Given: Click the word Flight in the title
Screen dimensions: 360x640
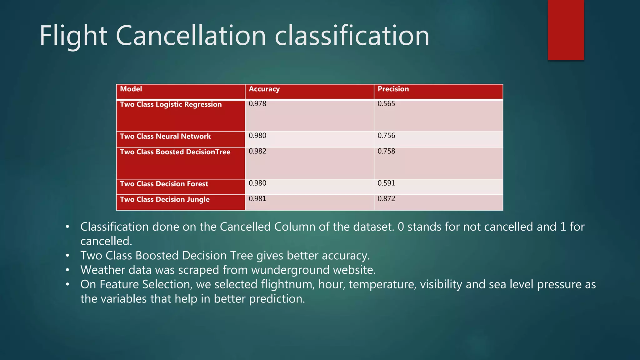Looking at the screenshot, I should click(x=73, y=36).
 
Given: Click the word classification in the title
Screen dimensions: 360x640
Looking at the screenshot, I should click(x=352, y=36).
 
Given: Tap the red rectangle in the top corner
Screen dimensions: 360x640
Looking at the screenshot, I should click(x=566, y=30).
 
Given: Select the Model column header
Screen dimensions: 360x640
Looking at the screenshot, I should click(x=131, y=89).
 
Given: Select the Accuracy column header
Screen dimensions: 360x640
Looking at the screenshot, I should click(x=264, y=89).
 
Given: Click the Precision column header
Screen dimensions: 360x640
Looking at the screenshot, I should click(x=393, y=89).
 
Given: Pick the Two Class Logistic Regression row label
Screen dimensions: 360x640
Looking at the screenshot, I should click(x=171, y=104).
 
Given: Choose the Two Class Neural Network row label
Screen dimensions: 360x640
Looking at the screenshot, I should click(x=165, y=136).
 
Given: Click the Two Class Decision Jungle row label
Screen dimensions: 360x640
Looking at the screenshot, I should click(x=165, y=199).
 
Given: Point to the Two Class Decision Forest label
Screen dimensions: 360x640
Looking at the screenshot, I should click(x=164, y=184).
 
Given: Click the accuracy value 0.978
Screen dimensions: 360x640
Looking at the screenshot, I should click(x=257, y=104).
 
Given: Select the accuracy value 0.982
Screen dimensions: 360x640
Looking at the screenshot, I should click(x=257, y=151).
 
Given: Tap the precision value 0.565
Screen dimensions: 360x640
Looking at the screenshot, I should click(x=386, y=104).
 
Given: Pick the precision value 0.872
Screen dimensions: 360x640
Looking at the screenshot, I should click(x=386, y=199).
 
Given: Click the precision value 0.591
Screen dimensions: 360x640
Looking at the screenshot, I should click(x=386, y=183).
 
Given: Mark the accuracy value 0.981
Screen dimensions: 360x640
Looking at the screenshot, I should click(x=257, y=199).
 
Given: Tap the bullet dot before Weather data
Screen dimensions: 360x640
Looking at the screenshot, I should click(x=67, y=270).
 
